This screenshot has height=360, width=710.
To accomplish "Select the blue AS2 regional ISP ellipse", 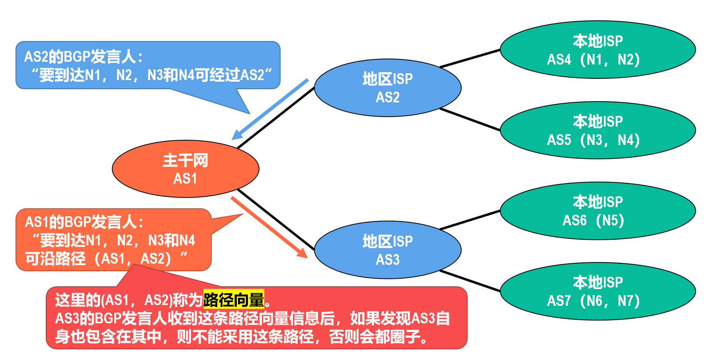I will (388, 88).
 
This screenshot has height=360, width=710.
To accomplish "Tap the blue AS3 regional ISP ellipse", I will (388, 250).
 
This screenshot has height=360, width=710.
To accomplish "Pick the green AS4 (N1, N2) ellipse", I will (598, 50).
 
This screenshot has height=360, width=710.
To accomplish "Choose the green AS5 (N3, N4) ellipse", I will (598, 131).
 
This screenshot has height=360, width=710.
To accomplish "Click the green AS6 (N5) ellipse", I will (598, 211).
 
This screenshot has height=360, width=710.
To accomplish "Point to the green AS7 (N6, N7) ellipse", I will (598, 292).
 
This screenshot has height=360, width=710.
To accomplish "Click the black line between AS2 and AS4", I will (470, 59).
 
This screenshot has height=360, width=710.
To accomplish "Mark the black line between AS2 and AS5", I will (470, 119).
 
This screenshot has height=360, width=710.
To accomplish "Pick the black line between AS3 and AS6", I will (470, 220).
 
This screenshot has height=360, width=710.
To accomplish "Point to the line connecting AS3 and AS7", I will (470, 281).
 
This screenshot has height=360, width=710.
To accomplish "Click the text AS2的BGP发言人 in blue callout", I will (83, 57).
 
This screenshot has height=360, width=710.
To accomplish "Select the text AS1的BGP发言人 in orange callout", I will (84, 222).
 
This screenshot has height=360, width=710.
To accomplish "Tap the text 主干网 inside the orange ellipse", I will (185, 160).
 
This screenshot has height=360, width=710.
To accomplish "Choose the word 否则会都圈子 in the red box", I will (378, 337).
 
